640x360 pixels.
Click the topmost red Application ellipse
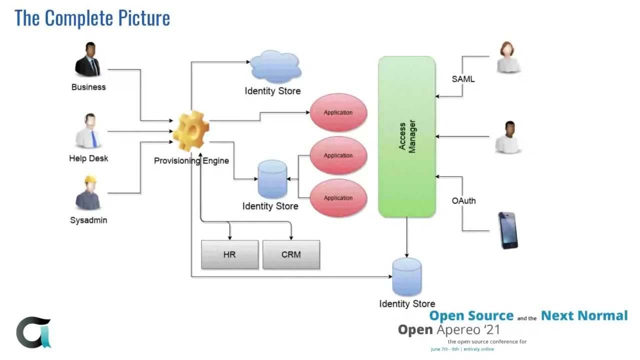(338, 112)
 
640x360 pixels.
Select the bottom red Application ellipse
(338, 198)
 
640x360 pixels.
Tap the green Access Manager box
(407, 136)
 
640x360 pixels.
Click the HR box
(229, 254)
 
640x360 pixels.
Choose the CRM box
(291, 254)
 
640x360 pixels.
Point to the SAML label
(463, 79)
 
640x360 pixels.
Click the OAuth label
(463, 200)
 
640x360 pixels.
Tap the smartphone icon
(508, 230)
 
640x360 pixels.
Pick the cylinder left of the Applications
(272, 179)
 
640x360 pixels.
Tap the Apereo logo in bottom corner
(33, 332)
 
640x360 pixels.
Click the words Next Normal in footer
(584, 315)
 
